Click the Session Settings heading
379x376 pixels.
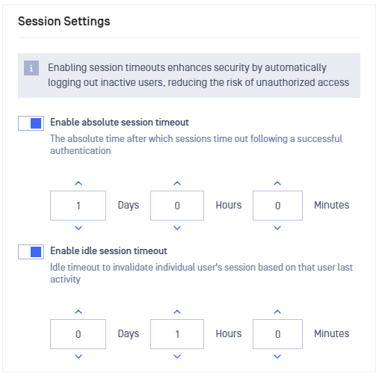coord(64,22)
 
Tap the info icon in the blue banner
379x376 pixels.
coord(31,68)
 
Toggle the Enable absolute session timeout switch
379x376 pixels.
coord(31,123)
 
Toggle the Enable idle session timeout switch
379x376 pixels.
coord(31,252)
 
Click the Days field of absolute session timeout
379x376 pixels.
coord(78,206)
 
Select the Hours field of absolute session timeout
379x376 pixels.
coord(177,206)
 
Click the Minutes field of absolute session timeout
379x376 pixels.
coord(277,206)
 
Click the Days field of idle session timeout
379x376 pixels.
coord(78,334)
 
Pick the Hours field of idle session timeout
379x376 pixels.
coord(177,334)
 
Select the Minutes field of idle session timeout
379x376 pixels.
coord(277,334)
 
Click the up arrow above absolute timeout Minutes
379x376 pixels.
coord(277,183)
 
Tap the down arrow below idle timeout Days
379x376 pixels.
coord(78,357)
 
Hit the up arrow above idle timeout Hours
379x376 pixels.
coord(177,312)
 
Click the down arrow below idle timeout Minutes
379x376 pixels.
coord(277,357)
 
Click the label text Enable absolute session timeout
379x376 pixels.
coord(120,123)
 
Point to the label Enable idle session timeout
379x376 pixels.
coord(108,251)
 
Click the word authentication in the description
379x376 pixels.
coord(81,151)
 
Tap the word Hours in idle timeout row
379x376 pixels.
coord(229,333)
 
